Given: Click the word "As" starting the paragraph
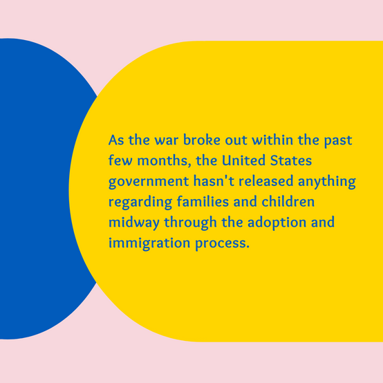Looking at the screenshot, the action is point(116,140).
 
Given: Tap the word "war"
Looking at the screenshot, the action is point(167,140).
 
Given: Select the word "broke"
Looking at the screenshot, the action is point(202,140).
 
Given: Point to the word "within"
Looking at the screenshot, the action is point(272,140).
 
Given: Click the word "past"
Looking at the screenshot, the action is point(338,141).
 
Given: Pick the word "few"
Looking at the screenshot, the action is point(120,160).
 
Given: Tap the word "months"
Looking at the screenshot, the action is point(164,161).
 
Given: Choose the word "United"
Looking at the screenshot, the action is point(243,160).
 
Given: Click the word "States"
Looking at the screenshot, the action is point(291,160).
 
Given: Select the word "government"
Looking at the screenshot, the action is point(149,182).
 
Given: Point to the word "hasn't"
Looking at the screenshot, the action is point(214,180).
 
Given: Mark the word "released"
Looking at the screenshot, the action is point(266,180).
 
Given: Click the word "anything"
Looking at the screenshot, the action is point(327,182).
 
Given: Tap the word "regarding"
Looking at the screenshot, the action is point(140,203).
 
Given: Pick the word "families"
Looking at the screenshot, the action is point(203,201).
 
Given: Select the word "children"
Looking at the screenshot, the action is point(288,201).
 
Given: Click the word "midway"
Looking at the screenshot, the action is point(134,223).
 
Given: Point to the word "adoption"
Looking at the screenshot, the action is point(277,223).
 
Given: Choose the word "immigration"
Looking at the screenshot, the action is point(149,243).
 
